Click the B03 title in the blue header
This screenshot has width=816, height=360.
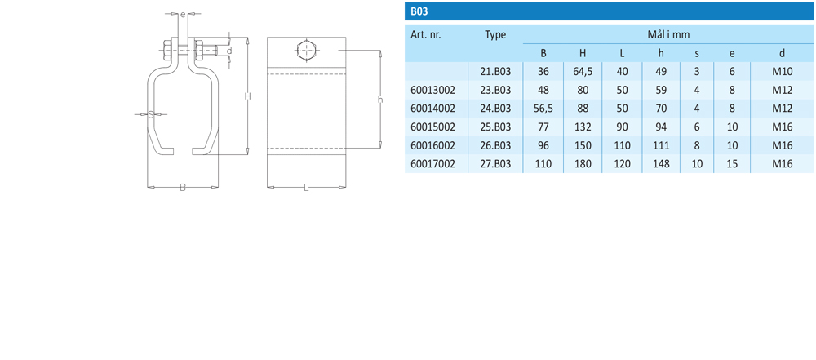click(419, 11)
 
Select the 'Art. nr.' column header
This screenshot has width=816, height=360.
click(426, 35)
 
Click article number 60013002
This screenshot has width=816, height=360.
click(433, 90)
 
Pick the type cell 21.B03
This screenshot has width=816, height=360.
click(495, 72)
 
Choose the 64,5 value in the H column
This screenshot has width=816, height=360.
click(583, 72)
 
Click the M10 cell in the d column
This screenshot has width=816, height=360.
click(783, 72)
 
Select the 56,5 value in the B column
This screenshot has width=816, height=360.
click(543, 109)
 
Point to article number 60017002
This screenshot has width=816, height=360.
click(433, 165)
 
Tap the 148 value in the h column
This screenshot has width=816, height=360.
click(661, 165)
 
